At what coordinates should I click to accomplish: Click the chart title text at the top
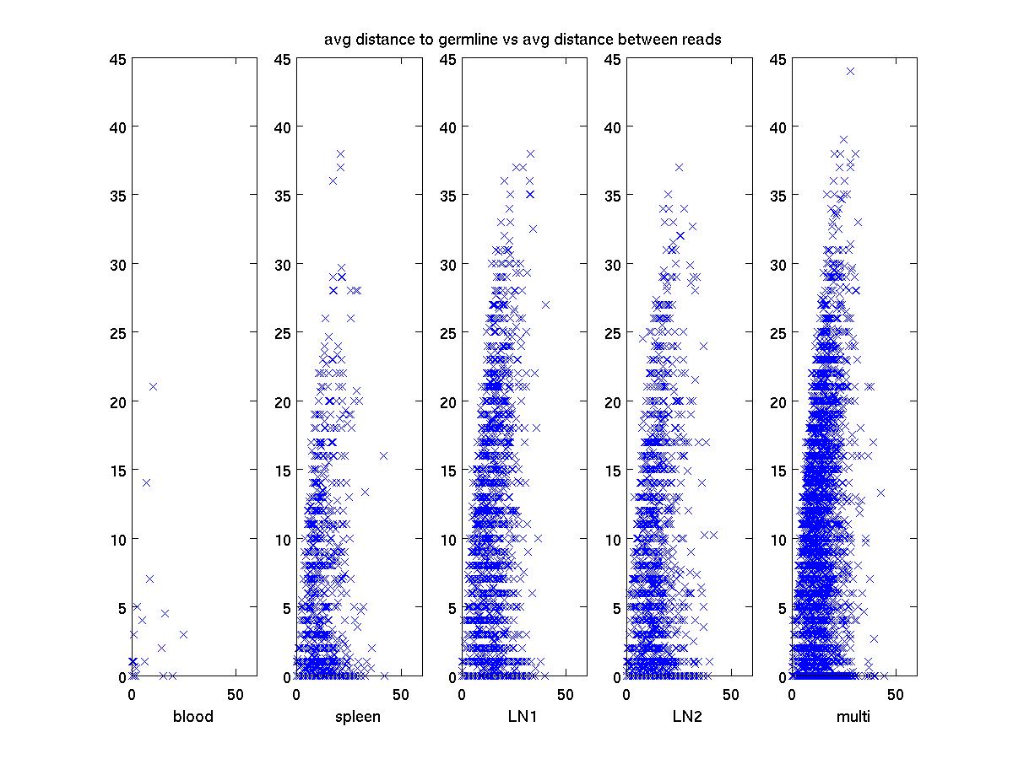click(523, 40)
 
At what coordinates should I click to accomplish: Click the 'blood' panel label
click(193, 718)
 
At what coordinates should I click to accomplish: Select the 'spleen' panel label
click(359, 718)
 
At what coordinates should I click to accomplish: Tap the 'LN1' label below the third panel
click(523, 718)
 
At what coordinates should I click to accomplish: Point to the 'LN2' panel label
click(689, 718)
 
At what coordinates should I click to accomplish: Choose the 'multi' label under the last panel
click(853, 718)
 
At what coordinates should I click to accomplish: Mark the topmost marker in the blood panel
click(153, 387)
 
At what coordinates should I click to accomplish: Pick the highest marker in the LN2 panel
click(679, 167)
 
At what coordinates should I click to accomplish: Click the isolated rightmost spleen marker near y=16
click(383, 455)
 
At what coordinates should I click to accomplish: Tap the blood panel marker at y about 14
click(146, 483)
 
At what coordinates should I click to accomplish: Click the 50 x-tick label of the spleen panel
click(401, 694)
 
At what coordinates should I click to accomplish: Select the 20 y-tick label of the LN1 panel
click(447, 401)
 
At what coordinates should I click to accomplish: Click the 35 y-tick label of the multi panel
click(777, 196)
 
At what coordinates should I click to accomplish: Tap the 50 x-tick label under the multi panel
click(897, 694)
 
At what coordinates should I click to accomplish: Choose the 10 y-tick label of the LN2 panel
click(613, 539)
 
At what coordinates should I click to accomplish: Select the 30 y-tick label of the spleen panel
click(282, 264)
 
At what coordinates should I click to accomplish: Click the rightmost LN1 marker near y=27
click(545, 304)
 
